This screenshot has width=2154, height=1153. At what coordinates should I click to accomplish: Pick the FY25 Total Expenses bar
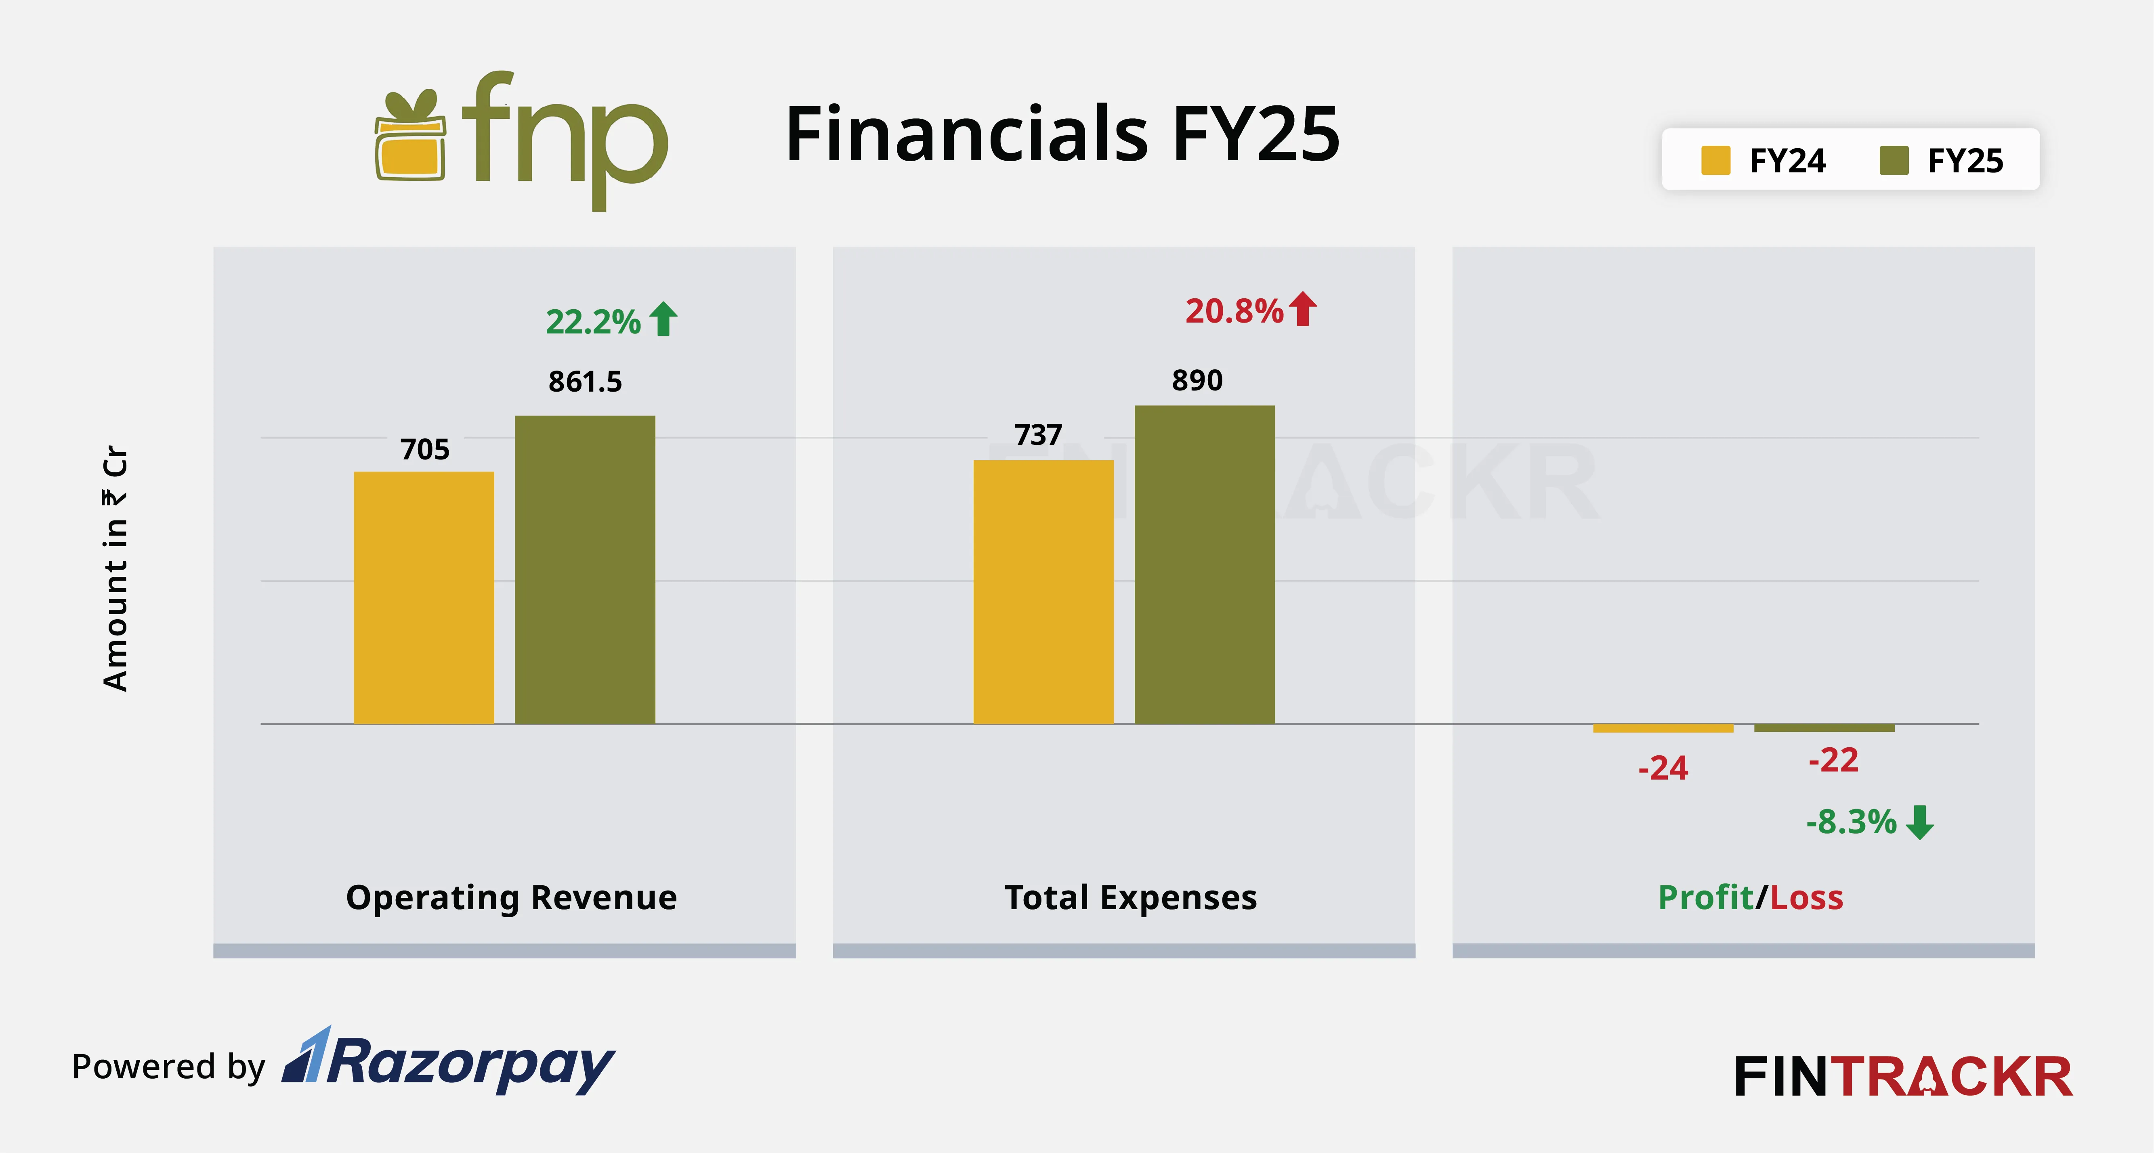point(1204,564)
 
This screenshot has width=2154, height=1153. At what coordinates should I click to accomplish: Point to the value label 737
point(1038,435)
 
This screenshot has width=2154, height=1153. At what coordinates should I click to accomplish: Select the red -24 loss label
point(1662,767)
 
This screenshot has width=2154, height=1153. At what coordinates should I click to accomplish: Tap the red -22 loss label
point(1833,760)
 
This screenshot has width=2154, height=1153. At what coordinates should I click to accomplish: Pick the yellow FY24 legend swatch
point(1715,161)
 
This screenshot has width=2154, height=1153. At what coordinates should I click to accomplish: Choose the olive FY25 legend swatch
point(1893,161)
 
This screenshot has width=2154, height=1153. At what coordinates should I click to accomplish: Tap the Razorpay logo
point(449,1062)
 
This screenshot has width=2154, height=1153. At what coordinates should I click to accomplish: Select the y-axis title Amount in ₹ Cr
point(115,568)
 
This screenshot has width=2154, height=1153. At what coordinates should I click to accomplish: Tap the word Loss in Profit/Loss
point(1806,897)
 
